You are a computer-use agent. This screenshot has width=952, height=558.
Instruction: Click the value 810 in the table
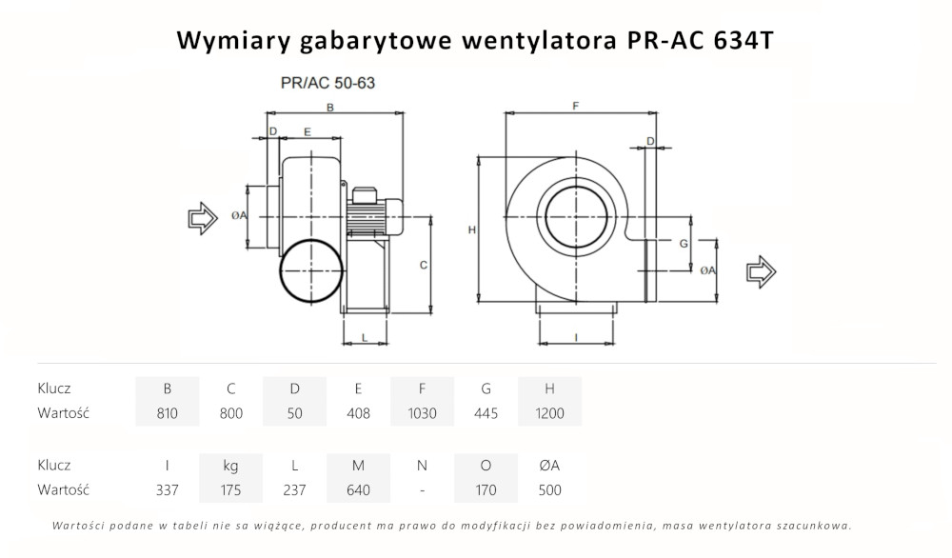point(168,413)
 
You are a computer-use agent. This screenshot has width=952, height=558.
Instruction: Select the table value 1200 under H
point(549,413)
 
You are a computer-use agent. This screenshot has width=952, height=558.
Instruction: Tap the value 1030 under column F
point(422,413)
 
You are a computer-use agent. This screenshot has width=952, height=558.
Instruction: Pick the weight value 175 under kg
point(230,490)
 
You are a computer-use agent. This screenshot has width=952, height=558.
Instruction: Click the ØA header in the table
point(549,465)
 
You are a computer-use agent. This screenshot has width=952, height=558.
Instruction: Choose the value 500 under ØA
point(549,490)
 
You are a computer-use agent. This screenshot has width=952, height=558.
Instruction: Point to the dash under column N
point(422,490)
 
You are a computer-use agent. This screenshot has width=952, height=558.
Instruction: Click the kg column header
point(230,465)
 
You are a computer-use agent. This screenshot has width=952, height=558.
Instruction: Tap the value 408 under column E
point(358,413)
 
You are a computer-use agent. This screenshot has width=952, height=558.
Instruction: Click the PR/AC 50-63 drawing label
point(328,83)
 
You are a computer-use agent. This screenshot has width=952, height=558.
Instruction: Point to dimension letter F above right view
point(576,108)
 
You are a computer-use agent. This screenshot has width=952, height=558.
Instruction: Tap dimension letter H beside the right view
point(472,230)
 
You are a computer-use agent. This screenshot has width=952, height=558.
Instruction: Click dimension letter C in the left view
point(423,265)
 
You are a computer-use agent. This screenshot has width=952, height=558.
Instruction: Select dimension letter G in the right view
point(684,244)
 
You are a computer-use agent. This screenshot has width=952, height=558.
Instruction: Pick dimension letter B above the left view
point(329,108)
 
